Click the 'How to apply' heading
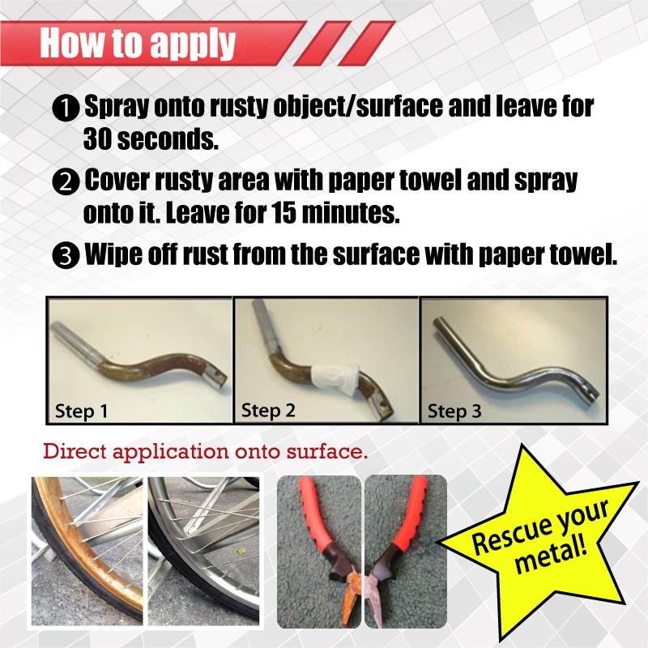click(x=137, y=43)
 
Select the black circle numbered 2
click(x=66, y=182)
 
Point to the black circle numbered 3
click(x=66, y=256)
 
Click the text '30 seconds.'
click(x=151, y=139)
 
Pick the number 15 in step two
click(x=284, y=212)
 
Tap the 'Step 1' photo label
click(x=81, y=411)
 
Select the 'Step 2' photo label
click(x=268, y=411)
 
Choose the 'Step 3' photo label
click(x=454, y=411)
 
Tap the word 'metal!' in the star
click(x=551, y=556)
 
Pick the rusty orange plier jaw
click(x=350, y=595)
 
